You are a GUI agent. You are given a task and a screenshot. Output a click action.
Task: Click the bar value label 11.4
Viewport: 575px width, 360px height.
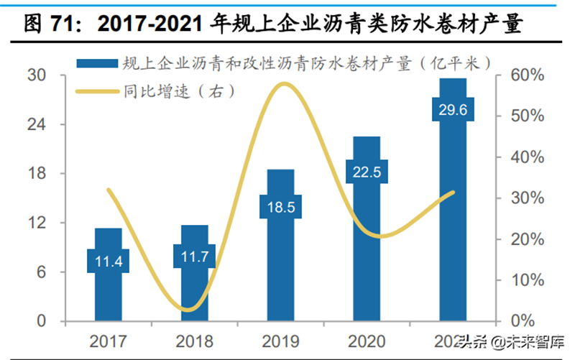click(x=109, y=262)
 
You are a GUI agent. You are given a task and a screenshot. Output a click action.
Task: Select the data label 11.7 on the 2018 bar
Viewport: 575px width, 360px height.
click(x=194, y=256)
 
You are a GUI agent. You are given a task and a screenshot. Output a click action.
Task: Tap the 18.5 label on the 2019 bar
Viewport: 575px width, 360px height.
click(x=280, y=207)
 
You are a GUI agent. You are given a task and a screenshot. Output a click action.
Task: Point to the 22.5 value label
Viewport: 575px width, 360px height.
click(x=367, y=172)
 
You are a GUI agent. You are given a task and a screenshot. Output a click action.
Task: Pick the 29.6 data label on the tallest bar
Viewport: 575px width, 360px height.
click(x=452, y=110)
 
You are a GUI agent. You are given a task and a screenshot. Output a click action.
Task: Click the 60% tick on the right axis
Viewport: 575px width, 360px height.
click(x=528, y=75)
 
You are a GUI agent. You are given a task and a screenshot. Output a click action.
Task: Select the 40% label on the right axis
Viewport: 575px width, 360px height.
click(x=528, y=157)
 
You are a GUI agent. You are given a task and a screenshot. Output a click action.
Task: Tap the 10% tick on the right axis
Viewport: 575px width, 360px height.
click(x=528, y=280)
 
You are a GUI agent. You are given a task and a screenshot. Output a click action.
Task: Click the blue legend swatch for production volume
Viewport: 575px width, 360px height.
click(x=96, y=64)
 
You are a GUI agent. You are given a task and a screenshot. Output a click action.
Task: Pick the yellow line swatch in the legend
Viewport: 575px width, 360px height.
click(x=96, y=91)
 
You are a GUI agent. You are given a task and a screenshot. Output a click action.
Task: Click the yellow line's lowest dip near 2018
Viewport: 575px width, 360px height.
click(x=188, y=310)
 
